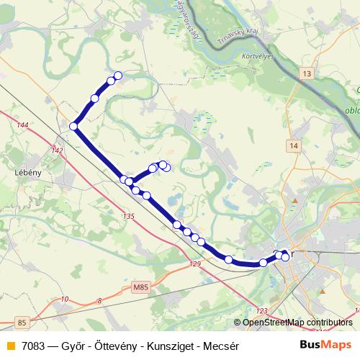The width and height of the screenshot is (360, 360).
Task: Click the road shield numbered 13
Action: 307,74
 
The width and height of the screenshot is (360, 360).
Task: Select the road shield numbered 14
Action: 292,146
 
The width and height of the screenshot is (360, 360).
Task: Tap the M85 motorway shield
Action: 142,287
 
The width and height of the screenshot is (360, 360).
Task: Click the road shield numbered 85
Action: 22,323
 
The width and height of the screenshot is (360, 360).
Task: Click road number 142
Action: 58,150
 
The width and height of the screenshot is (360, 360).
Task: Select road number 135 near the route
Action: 129,217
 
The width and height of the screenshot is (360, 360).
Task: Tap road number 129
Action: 196,265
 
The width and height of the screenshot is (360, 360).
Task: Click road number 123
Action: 261,310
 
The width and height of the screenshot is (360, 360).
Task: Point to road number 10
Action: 65,299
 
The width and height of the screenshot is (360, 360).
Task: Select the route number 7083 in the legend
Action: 35,345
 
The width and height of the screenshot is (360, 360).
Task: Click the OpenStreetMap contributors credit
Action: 297,323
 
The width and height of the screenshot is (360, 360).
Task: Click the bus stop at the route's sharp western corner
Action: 73,127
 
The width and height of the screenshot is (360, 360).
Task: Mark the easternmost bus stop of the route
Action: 285,257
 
